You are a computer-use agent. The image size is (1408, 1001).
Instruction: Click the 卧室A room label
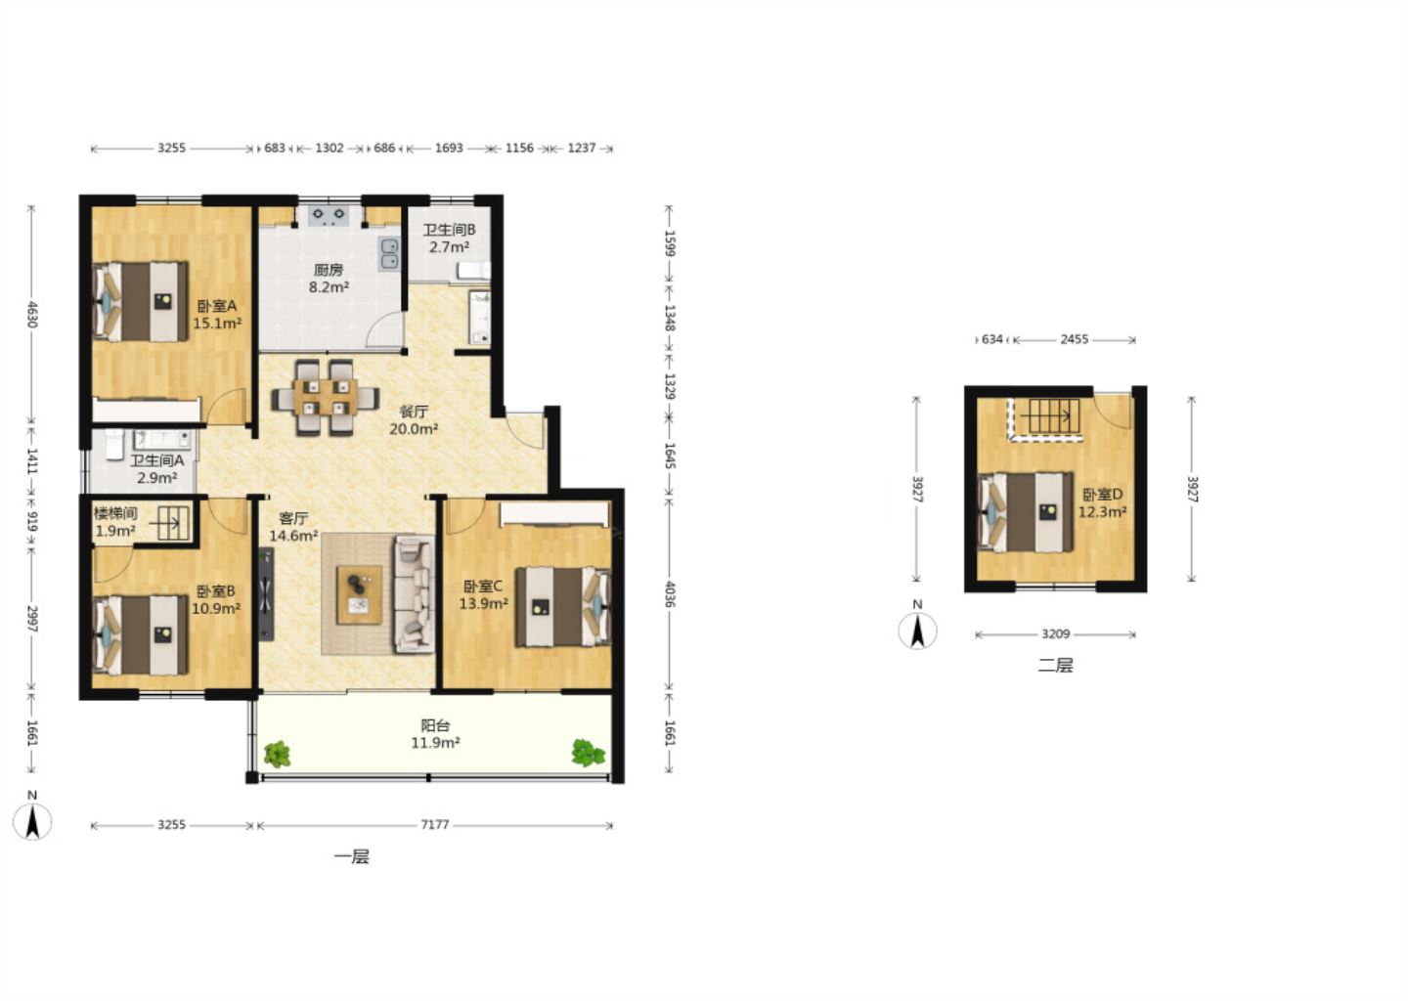pos(217,306)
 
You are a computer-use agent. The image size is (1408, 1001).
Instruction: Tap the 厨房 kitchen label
pos(329,270)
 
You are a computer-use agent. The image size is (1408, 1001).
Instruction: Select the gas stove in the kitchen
pos(329,215)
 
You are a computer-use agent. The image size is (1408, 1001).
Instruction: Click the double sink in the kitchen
pos(389,254)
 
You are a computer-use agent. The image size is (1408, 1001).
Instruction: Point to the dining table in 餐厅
pos(326,397)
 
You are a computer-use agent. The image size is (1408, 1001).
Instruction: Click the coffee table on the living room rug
pos(360,594)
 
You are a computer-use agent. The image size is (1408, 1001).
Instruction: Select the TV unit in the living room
pos(267,593)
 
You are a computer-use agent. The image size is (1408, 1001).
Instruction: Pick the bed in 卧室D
pos(1026,512)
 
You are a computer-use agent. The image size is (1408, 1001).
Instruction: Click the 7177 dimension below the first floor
pos(435,825)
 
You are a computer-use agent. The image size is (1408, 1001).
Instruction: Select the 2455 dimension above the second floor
pos(1075,340)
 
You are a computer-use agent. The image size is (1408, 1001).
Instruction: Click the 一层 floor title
pos(352,857)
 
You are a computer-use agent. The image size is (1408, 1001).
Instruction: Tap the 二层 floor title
pos(1055,666)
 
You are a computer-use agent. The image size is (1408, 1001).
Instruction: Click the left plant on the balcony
pos(277,754)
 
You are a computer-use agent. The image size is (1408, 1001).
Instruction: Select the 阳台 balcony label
pos(435,725)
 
